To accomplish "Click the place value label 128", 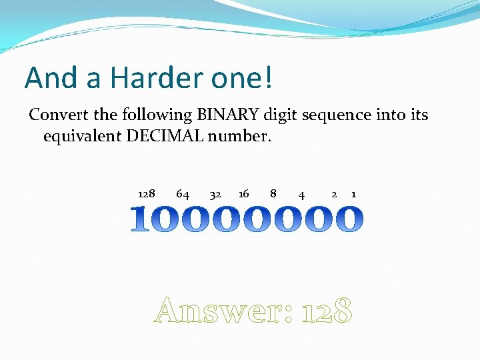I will (146, 194).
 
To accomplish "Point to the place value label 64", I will (182, 194).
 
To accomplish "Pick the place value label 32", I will (215, 195).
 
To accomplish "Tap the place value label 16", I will (243, 194).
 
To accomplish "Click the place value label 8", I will (273, 194).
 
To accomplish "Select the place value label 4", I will (302, 195).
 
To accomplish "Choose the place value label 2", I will (334, 194).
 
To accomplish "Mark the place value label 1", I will (353, 194).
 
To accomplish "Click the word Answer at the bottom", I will (223, 311).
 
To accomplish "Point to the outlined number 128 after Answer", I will (326, 311).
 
